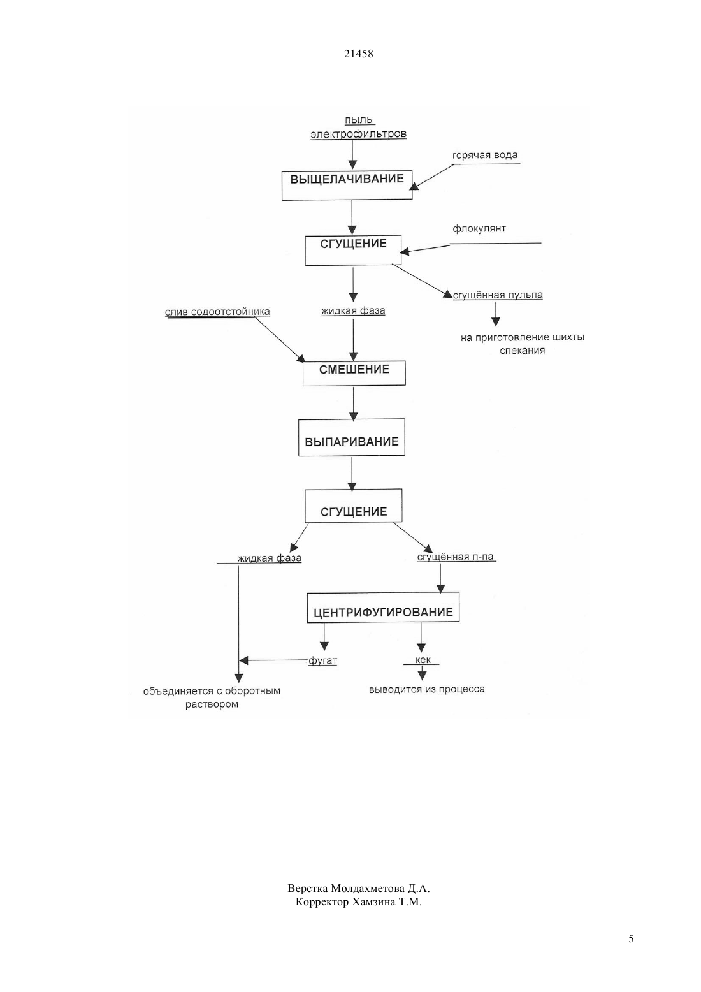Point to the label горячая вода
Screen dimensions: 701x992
pyautogui.click(x=484, y=156)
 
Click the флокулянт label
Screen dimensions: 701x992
pyautogui.click(x=479, y=229)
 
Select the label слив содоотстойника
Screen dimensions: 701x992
pyautogui.click(x=217, y=312)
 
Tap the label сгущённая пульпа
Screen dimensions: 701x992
pyautogui.click(x=498, y=295)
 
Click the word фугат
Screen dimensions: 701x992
pyautogui.click(x=322, y=660)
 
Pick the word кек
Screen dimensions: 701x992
pyautogui.click(x=423, y=660)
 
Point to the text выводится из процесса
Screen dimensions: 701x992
pyautogui.click(x=427, y=689)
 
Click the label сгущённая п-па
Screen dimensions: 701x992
pyautogui.click(x=456, y=557)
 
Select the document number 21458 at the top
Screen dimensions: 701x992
pyautogui.click(x=358, y=54)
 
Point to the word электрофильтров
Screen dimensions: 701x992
pyautogui.click(x=358, y=134)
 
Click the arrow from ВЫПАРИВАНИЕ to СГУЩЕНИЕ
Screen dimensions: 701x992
pyautogui.click(x=352, y=474)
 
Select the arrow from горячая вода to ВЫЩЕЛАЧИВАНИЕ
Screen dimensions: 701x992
pyautogui.click(x=432, y=177)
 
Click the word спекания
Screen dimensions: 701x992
pyautogui.click(x=522, y=351)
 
